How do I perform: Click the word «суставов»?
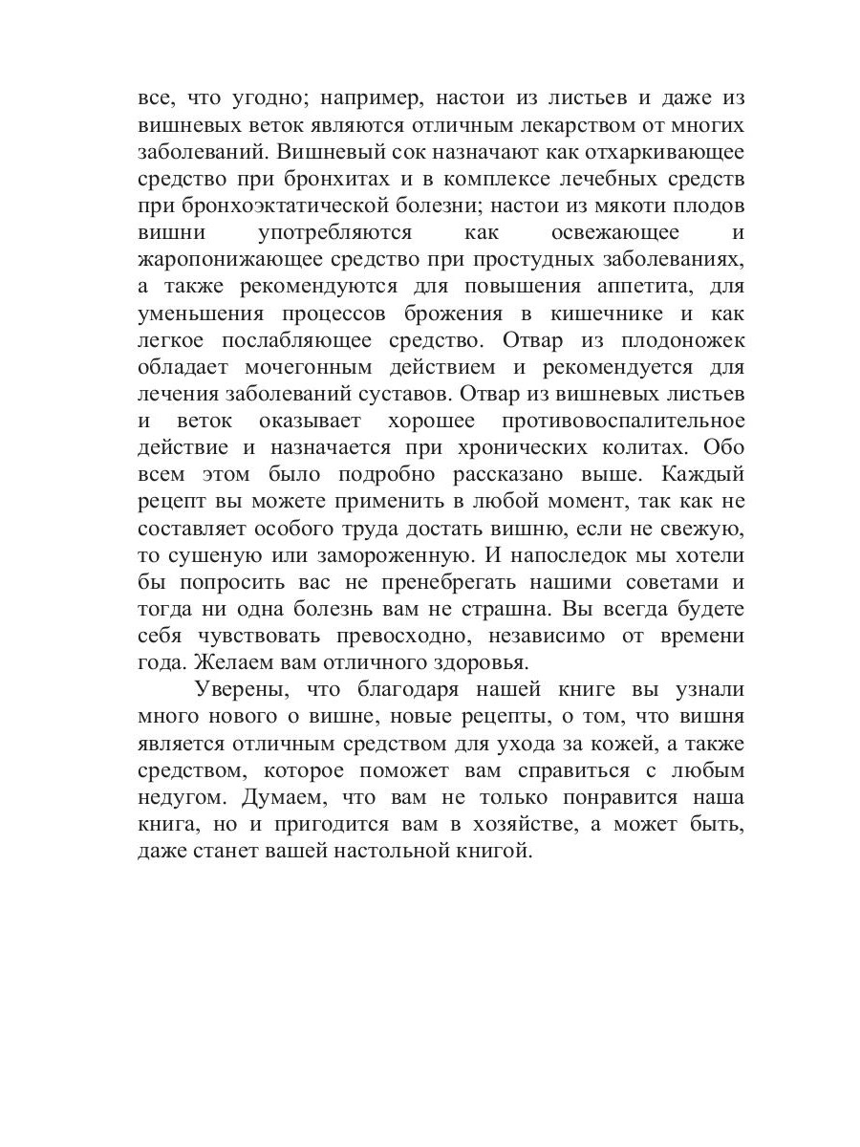(448, 393)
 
